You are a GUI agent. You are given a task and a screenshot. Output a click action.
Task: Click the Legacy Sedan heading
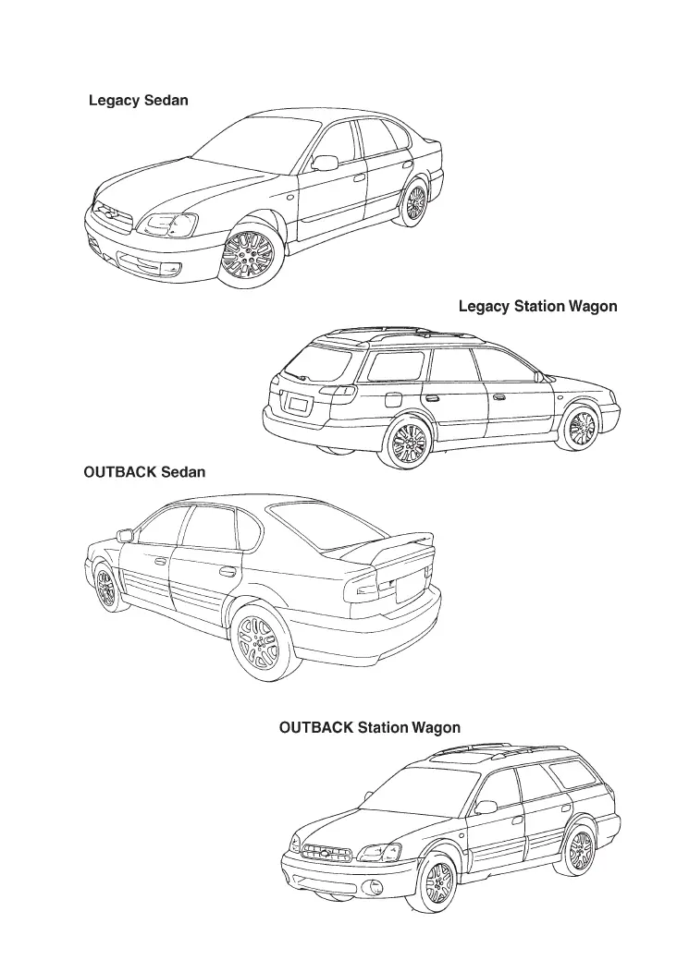pyautogui.click(x=139, y=100)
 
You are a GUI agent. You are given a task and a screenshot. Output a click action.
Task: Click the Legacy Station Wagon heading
pyautogui.click(x=537, y=306)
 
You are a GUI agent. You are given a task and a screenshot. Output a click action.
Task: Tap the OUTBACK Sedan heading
pyautogui.click(x=144, y=472)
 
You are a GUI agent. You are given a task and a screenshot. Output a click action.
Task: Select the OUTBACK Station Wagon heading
pyautogui.click(x=369, y=728)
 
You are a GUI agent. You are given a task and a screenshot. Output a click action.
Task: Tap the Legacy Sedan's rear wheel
pyautogui.click(x=415, y=202)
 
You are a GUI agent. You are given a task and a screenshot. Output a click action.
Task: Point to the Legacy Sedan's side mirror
pyautogui.click(x=325, y=164)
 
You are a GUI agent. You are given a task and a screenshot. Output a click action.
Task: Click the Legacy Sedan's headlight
pyautogui.click(x=166, y=224)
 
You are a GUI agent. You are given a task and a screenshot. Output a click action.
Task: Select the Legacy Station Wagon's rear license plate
pyautogui.click(x=298, y=404)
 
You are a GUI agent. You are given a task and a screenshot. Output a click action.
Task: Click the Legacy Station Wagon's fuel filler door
pyautogui.click(x=391, y=400)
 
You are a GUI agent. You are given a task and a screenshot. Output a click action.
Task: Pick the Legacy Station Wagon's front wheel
pyautogui.click(x=581, y=429)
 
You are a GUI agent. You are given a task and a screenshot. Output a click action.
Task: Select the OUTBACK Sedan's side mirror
pyautogui.click(x=125, y=535)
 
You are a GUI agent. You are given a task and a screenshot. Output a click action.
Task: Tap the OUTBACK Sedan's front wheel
pyautogui.click(x=105, y=588)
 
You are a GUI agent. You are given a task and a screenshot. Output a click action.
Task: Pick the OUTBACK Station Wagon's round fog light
pyautogui.click(x=375, y=889)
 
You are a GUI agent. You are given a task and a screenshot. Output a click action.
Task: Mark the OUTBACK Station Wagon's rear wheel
pyautogui.click(x=579, y=849)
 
